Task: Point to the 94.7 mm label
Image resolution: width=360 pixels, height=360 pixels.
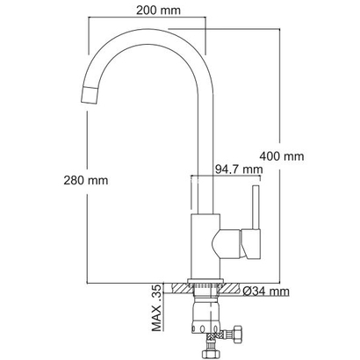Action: [238, 169]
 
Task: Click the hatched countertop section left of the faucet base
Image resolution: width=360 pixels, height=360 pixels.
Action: [179, 287]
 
